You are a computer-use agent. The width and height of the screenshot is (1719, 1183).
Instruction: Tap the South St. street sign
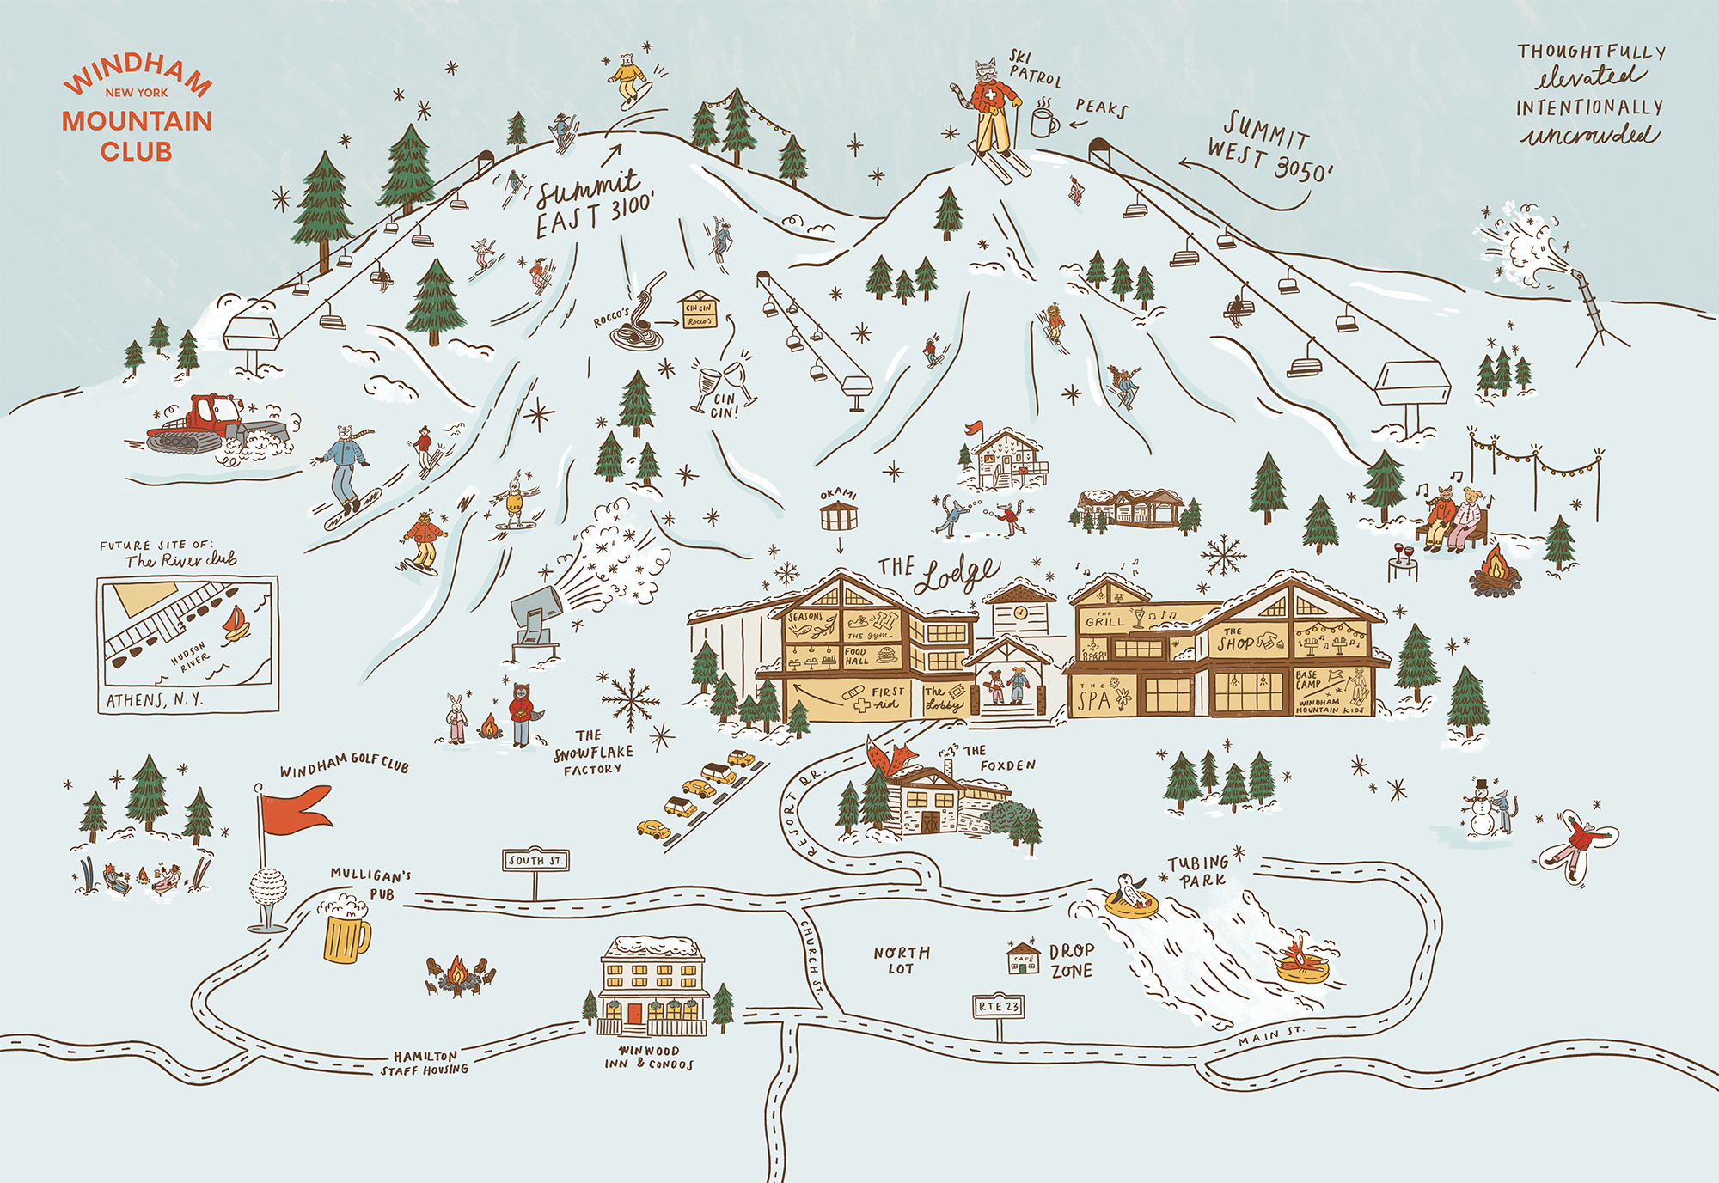[x=535, y=860]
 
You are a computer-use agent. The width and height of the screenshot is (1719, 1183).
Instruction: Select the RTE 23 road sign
[x=999, y=1006]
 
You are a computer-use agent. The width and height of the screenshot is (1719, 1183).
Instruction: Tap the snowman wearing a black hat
[x=1481, y=810]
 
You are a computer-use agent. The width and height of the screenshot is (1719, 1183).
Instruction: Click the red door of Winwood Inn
[x=634, y=1014]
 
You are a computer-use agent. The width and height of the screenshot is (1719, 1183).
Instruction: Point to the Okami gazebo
[x=839, y=516]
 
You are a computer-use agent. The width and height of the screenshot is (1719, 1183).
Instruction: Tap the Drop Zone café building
[x=1023, y=959]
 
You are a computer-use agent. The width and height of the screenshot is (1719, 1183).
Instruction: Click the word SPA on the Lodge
[x=1094, y=699]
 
